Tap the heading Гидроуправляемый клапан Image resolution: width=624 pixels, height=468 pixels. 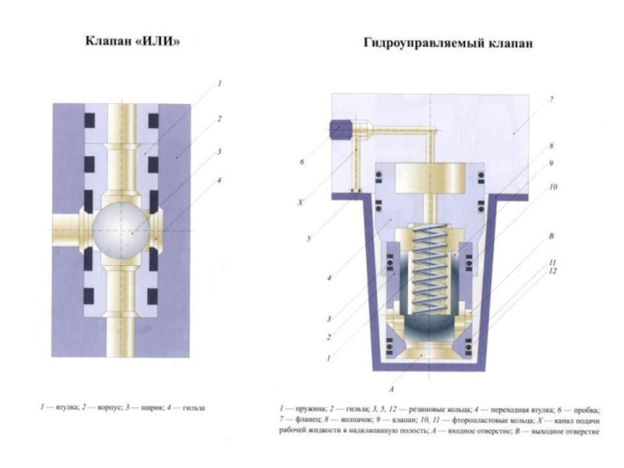coord(448,43)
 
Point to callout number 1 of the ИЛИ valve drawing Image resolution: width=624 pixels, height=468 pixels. coord(220,83)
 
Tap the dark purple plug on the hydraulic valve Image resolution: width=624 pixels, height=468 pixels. coord(339,129)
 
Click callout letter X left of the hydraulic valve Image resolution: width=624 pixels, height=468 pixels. coord(300,202)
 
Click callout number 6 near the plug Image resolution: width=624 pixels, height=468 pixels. coord(300,162)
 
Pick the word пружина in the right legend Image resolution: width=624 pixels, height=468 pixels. coord(309,408)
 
